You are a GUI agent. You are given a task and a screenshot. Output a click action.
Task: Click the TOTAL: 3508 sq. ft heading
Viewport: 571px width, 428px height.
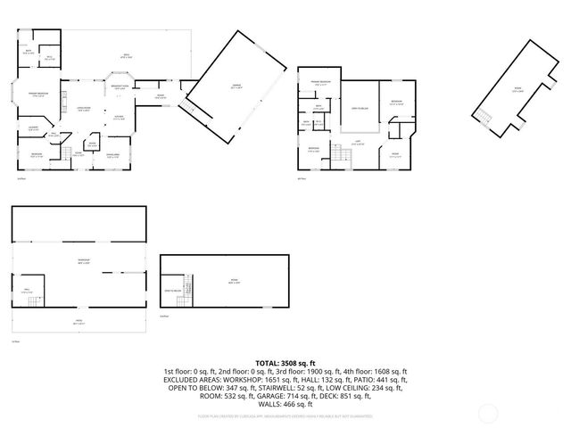point(285,363)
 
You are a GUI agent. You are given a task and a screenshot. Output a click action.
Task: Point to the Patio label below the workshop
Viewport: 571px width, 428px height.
point(78,323)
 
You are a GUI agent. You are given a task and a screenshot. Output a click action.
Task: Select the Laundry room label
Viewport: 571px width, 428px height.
point(33,128)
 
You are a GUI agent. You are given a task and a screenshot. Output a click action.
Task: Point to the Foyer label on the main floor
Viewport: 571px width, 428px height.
point(79,152)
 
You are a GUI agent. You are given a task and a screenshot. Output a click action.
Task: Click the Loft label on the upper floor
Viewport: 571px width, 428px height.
point(357,144)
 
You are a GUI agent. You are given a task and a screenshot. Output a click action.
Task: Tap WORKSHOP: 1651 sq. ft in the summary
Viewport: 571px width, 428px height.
point(246,379)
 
